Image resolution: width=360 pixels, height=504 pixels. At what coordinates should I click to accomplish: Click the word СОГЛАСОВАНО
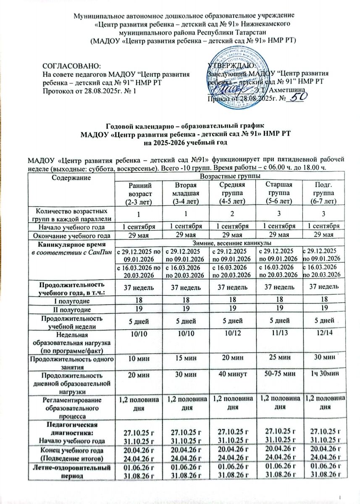click(x=72, y=66)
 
